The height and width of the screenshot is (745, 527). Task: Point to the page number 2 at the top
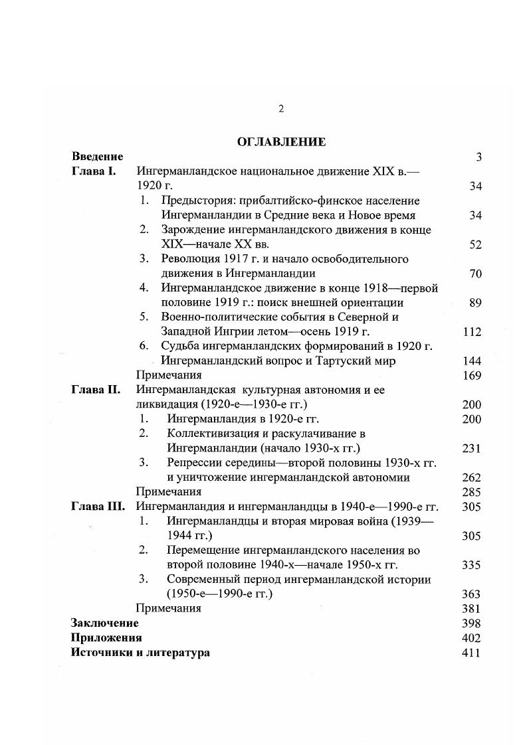[x=281, y=109]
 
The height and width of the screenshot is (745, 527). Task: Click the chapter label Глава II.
[x=95, y=390]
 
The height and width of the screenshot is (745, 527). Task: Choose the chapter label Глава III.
[x=97, y=506]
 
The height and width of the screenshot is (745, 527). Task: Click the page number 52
[x=474, y=244]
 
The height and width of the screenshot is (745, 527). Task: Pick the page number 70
[x=474, y=274]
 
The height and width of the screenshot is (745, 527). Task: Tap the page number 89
[x=474, y=303]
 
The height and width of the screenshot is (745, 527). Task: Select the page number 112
[x=472, y=332]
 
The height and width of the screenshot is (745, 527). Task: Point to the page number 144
[x=472, y=361]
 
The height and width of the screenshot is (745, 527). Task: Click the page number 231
[x=471, y=448]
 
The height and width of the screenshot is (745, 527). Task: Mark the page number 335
[x=471, y=565]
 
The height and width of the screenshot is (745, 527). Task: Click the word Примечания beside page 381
[x=168, y=608]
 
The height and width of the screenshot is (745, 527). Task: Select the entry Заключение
[x=105, y=623]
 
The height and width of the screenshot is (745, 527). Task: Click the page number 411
[x=471, y=653]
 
